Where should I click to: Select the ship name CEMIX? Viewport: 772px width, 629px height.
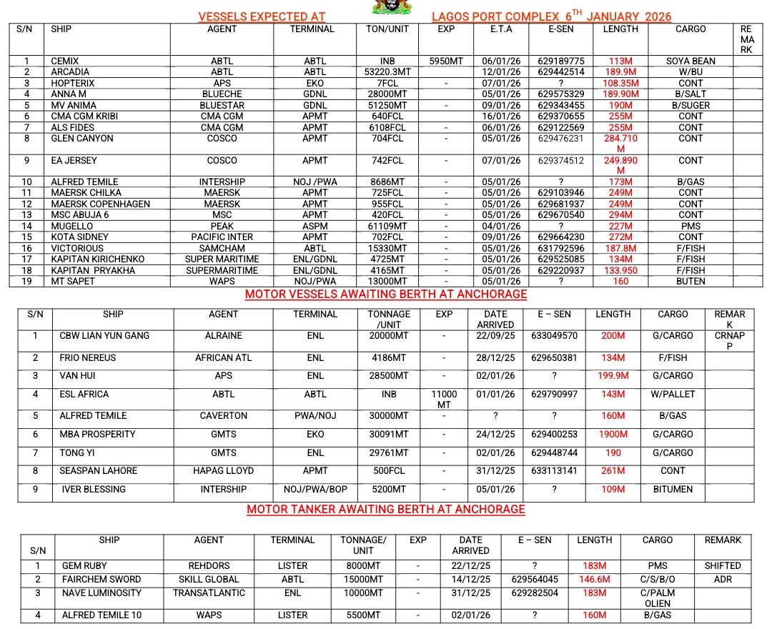coord(65,61)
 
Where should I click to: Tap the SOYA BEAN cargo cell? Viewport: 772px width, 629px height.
coord(691,61)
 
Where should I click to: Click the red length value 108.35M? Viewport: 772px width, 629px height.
coord(620,83)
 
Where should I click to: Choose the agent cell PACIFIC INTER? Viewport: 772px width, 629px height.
coord(222,237)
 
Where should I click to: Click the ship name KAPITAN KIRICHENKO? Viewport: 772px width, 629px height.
coord(98,259)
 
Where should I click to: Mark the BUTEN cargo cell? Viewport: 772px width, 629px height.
coord(691,281)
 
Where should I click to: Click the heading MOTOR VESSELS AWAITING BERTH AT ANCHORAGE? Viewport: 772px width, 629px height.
coord(386,294)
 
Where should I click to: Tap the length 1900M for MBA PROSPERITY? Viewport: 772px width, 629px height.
coord(613,435)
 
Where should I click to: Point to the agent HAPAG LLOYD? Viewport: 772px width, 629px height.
coord(223,471)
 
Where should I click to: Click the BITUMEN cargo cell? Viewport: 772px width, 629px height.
coord(673,490)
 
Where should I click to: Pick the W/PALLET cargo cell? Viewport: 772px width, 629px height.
coord(673,395)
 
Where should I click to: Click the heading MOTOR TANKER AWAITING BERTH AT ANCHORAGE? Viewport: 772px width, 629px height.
coord(386,510)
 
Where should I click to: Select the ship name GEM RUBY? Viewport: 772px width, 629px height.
coord(84,565)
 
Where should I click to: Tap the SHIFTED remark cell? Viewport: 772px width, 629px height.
coord(722,565)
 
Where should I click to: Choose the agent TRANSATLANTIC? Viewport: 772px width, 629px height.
coord(209,593)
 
